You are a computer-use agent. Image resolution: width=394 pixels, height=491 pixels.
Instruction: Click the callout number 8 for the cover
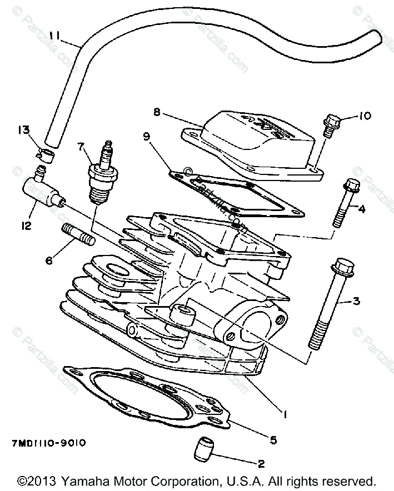pos(157,112)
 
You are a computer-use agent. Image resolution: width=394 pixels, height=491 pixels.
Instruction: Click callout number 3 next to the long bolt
pos(356,301)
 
